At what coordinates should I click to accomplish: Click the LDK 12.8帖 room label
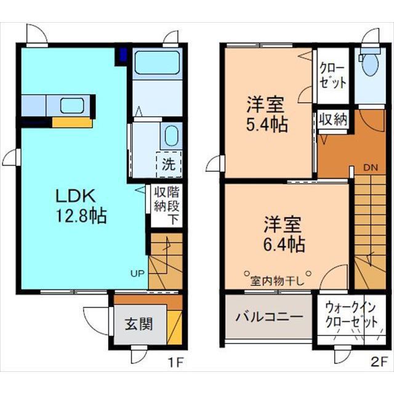81,206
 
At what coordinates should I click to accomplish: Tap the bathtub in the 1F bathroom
158,62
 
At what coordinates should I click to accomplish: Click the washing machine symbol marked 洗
169,164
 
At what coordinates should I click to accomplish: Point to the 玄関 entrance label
139,324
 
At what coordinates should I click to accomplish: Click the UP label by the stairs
137,273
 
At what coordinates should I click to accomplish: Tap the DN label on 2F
371,168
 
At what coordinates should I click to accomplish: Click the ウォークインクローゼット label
352,315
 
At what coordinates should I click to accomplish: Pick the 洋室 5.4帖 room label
267,114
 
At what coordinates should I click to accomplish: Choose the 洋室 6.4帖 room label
284,234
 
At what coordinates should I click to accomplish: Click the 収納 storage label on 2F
333,119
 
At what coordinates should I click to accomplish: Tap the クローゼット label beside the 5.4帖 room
333,76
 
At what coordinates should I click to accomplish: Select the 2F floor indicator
378,362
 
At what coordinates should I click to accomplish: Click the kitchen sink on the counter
72,105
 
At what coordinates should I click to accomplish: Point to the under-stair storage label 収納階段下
167,205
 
